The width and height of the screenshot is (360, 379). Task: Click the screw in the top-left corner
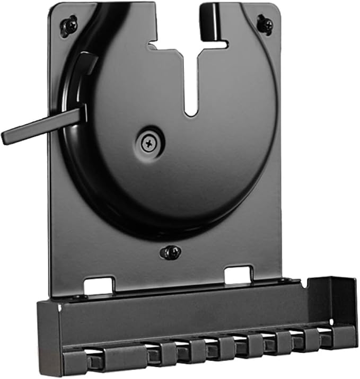click(x=68, y=25)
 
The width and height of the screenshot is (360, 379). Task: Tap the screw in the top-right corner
click(x=265, y=23)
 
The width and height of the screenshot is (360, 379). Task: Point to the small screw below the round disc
click(x=170, y=252)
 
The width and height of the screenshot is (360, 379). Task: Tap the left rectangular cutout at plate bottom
click(x=99, y=285)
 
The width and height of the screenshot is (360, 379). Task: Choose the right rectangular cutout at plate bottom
click(x=238, y=276)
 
